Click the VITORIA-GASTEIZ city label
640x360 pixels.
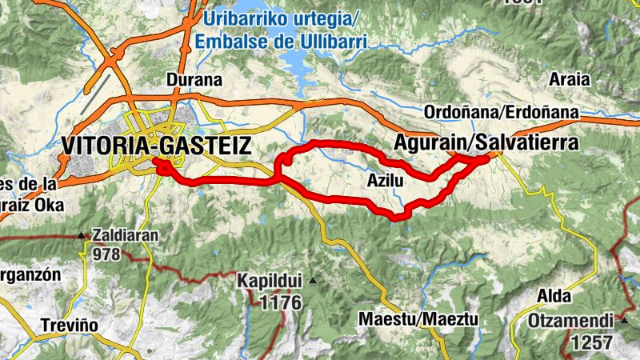click(156, 146)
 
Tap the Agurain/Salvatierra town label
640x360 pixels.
click(486, 142)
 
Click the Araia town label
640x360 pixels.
click(570, 79)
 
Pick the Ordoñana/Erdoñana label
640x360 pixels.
click(502, 112)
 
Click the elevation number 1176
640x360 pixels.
click(280, 302)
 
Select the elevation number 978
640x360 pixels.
click(106, 255)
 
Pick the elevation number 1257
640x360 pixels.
click(591, 342)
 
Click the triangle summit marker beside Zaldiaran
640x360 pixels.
click(82, 236)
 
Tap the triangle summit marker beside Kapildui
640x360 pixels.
click(313, 280)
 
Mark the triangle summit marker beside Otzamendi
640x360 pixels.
click(623, 321)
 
